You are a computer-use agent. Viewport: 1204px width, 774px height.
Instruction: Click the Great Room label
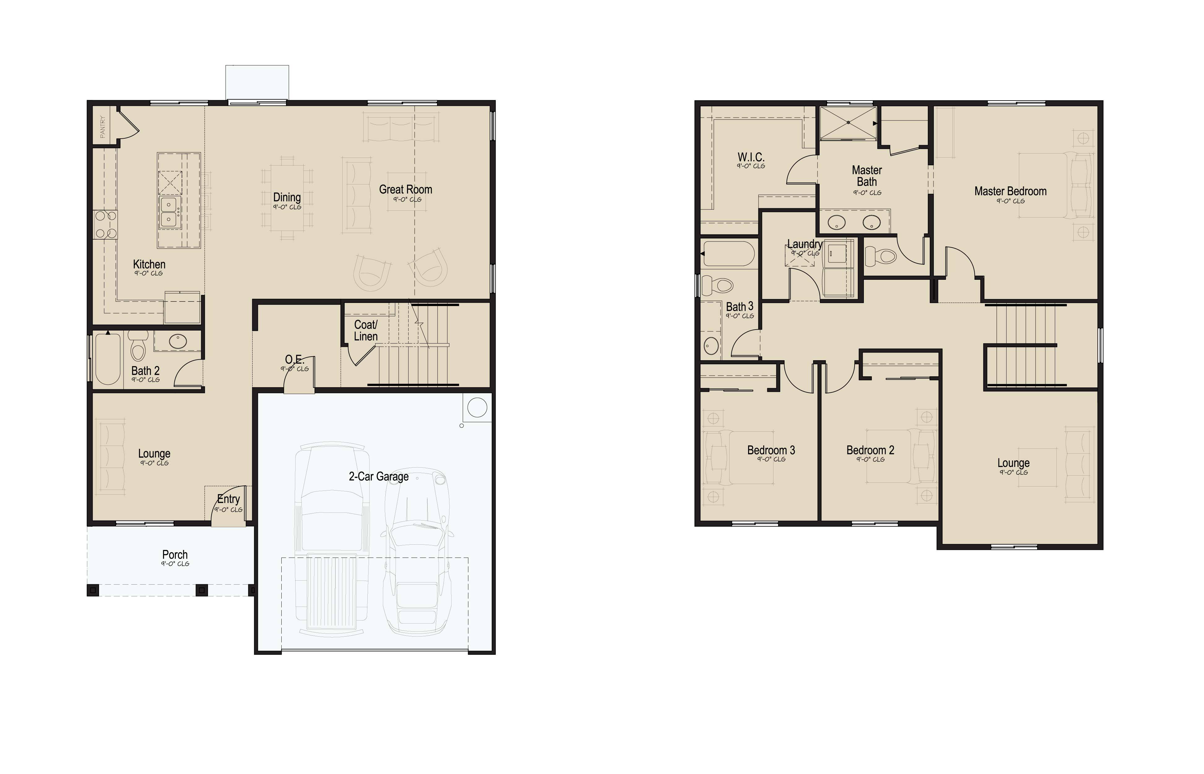tap(405, 189)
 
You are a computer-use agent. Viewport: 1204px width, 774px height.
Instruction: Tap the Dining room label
tap(287, 197)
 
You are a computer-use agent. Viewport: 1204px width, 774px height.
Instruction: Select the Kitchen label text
tap(149, 264)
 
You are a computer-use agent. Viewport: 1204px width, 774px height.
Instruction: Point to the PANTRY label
tap(102, 127)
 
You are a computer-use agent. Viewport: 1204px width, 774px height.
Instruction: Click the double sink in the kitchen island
tap(169, 212)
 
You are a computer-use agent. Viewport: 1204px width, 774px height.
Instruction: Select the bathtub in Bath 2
tap(107, 359)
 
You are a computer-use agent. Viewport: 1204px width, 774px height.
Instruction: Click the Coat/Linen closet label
tap(366, 331)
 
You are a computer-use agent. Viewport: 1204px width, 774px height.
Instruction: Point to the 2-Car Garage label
tap(379, 477)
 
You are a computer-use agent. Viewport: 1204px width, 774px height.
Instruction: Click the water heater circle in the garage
tap(477, 407)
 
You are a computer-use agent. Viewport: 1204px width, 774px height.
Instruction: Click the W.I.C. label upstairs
tap(751, 157)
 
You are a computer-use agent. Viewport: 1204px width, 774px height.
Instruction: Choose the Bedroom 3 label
tap(771, 450)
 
